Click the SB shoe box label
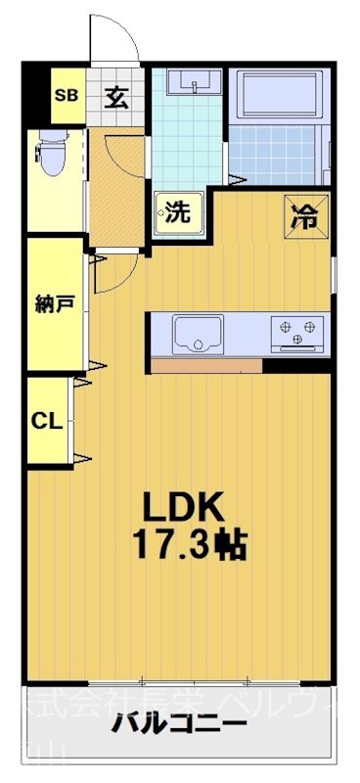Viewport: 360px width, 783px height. coord(67,95)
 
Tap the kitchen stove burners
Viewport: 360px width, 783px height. coord(297,334)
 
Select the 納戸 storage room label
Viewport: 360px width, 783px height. coord(54,303)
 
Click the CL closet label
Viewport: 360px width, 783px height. coord(47,421)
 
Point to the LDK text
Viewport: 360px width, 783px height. coord(186,507)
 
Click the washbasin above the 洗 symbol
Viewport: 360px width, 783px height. coord(193,83)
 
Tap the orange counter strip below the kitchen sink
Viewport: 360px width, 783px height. coord(192,367)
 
